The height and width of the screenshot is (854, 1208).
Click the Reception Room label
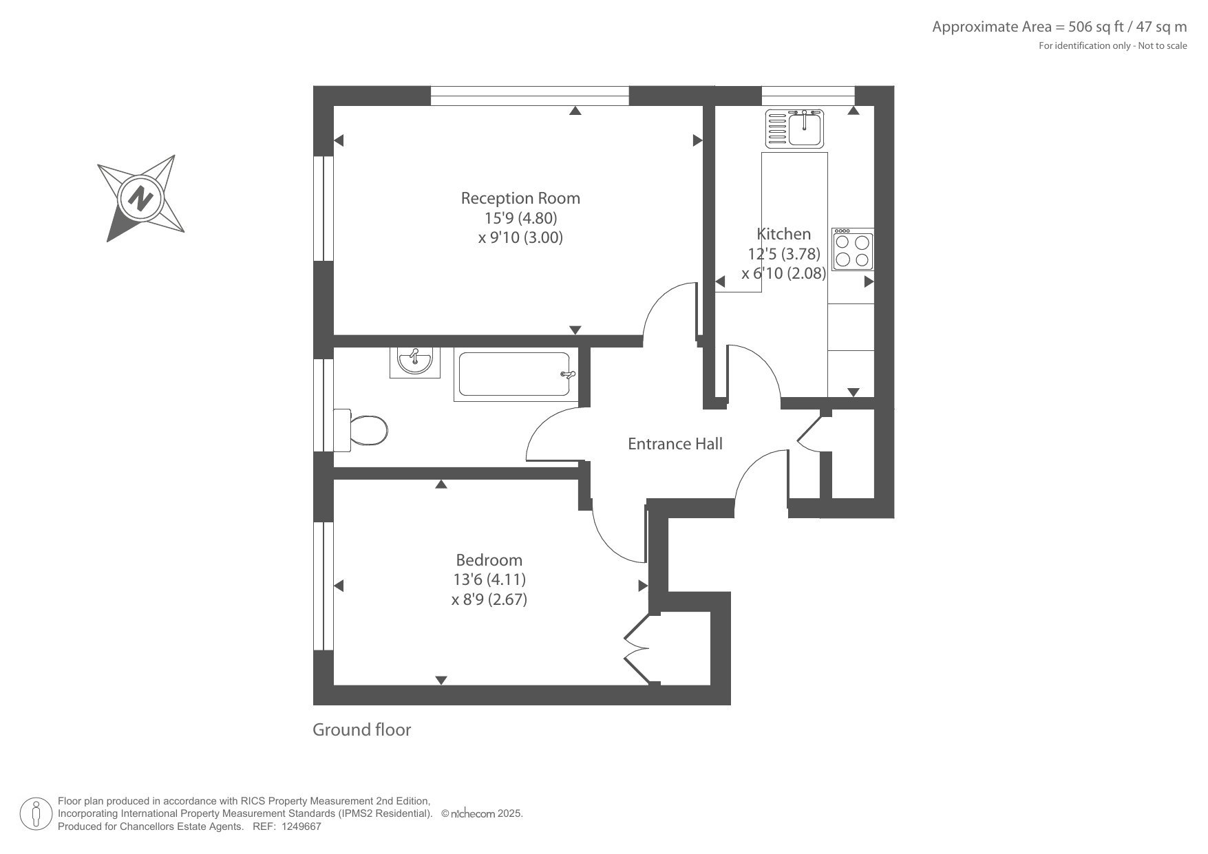pos(520,198)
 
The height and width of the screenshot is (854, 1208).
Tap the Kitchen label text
pos(784,234)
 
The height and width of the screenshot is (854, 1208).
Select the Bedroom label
pos(489,560)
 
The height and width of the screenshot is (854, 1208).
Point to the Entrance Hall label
pos(675,444)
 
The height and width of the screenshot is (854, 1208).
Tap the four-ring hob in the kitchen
pos(853,249)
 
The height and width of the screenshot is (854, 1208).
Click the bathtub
pos(515,374)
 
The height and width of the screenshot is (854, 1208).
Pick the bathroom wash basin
pos(415,361)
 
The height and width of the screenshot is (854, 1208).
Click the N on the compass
pos(140,199)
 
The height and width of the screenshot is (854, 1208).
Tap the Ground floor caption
pos(361,729)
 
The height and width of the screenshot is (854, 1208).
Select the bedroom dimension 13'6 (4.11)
pos(489,579)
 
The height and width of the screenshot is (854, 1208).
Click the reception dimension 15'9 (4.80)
pos(520,218)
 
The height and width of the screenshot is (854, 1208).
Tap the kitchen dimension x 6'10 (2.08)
pos(784,273)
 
